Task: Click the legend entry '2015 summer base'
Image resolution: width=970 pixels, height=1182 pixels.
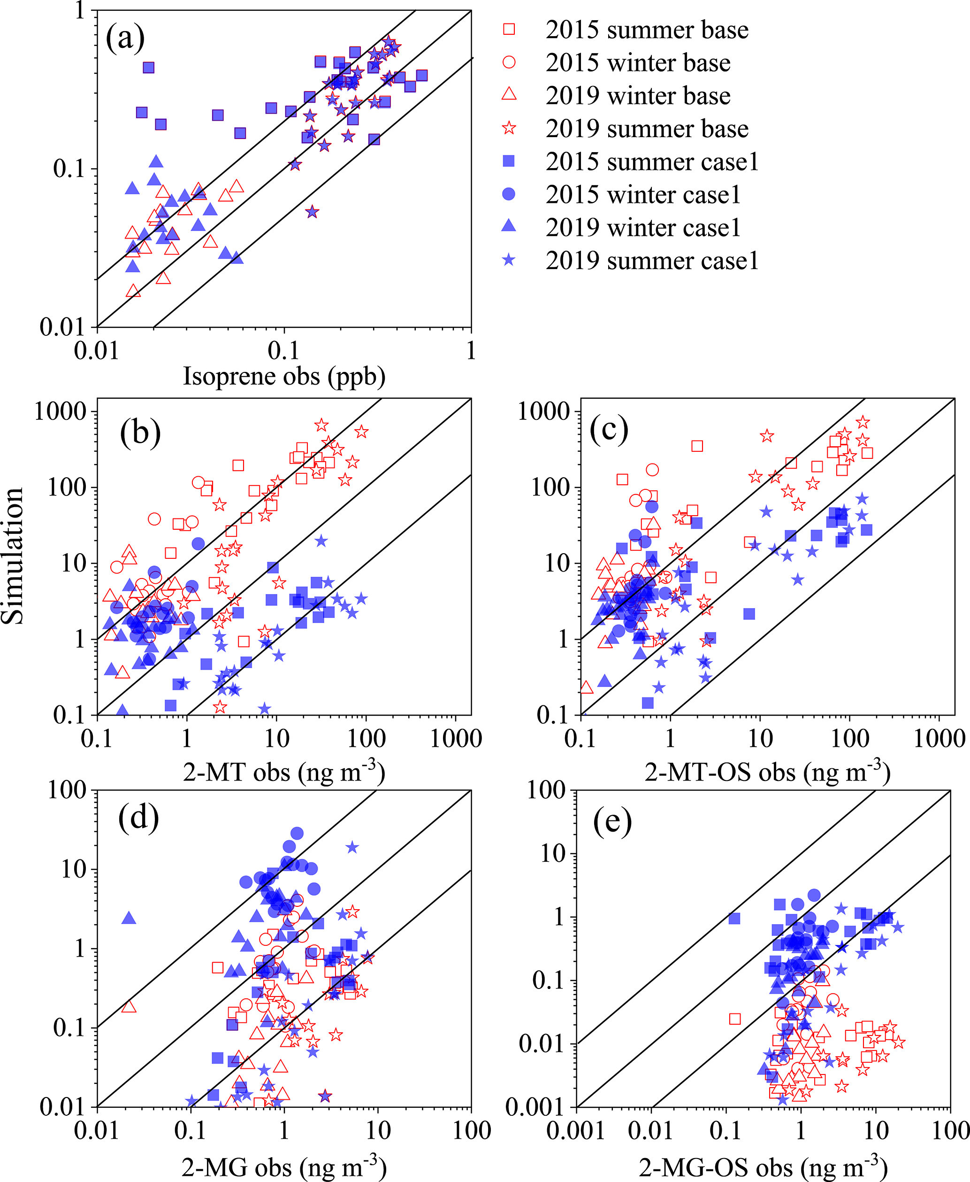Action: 647,30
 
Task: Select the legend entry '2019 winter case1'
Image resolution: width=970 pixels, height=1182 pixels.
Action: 642,228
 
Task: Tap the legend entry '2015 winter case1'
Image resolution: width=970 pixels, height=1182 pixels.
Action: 642,194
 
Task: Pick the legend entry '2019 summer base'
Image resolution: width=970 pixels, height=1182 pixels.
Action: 647,129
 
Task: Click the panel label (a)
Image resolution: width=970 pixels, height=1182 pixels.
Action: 125,38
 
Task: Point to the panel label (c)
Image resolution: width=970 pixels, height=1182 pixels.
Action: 609,429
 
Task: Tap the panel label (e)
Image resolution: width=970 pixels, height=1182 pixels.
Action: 612,821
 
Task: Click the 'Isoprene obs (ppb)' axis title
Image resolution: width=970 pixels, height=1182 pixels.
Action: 284,376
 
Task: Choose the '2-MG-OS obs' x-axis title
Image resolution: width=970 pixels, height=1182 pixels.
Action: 763,1167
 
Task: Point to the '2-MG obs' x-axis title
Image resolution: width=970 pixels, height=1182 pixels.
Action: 284,1167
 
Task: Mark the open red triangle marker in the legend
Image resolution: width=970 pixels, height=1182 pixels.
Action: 509,94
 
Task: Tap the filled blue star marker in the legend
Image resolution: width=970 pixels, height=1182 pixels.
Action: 509,260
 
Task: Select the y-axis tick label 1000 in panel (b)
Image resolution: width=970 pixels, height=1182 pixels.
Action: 61,411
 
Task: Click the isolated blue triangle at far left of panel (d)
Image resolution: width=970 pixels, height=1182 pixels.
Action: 129,918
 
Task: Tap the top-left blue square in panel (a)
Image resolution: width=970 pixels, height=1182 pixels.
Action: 148,68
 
